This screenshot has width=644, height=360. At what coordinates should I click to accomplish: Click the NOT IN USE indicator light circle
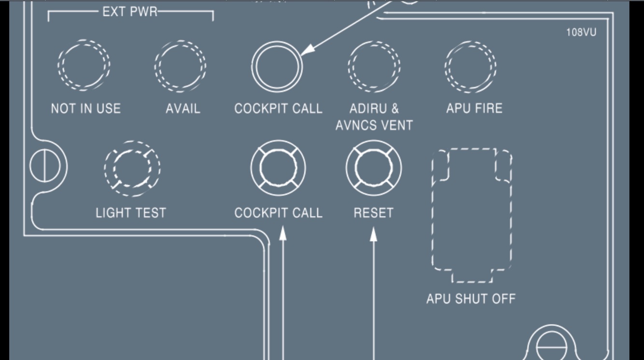pyautogui.click(x=84, y=65)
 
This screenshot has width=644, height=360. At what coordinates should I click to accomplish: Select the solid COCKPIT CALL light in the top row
pyautogui.click(x=277, y=67)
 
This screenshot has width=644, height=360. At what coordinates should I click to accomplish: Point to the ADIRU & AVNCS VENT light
pyautogui.click(x=374, y=66)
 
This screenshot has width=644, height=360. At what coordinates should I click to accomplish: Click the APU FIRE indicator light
pyautogui.click(x=471, y=66)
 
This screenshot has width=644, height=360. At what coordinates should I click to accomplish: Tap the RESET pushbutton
pyautogui.click(x=373, y=168)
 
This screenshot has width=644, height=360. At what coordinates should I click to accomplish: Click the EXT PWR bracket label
pyautogui.click(x=130, y=12)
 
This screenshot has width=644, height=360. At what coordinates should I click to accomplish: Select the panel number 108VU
pyautogui.click(x=581, y=32)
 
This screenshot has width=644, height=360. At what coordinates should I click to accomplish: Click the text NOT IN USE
pyautogui.click(x=86, y=109)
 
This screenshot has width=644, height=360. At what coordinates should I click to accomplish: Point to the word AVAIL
pyautogui.click(x=183, y=109)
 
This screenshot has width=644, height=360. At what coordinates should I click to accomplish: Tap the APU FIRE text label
pyautogui.click(x=474, y=108)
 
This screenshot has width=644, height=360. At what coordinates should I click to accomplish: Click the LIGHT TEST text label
pyautogui.click(x=131, y=213)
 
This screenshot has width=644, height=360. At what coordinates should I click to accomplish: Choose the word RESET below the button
pyautogui.click(x=373, y=213)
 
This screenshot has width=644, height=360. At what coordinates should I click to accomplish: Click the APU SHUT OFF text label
pyautogui.click(x=471, y=299)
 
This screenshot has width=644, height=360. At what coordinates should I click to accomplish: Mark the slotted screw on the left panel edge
pyautogui.click(x=45, y=166)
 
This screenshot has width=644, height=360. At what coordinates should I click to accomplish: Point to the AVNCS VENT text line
pyautogui.click(x=374, y=125)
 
